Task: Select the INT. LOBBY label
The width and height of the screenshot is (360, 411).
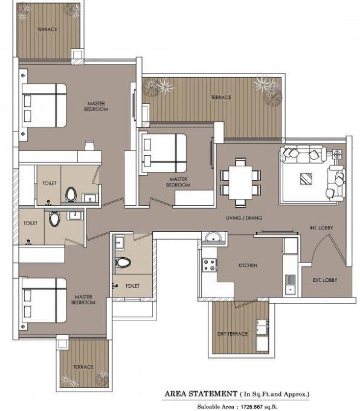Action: pyautogui.click(x=321, y=228)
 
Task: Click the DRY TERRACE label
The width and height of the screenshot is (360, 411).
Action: pyautogui.click(x=233, y=334)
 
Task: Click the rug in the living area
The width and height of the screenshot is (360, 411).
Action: pyautogui.click(x=307, y=179)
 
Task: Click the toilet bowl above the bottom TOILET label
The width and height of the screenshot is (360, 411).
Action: pyautogui.click(x=123, y=263)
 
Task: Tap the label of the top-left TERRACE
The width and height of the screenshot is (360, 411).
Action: pyautogui.click(x=47, y=30)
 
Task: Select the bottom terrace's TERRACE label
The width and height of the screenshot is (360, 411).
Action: pyautogui.click(x=83, y=367)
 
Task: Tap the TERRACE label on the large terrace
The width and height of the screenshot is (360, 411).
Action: pyautogui.click(x=220, y=97)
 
